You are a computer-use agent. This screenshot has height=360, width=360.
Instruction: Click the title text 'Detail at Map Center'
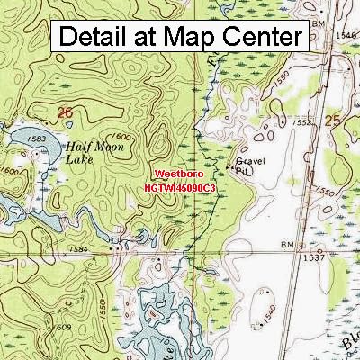pyautogui.click(x=180, y=37)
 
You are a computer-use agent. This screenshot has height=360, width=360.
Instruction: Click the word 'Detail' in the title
pyautogui.click(x=94, y=37)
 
